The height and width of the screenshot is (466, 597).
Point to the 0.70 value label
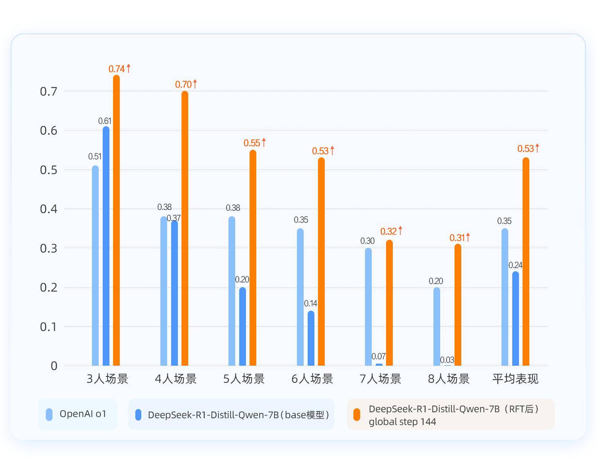click(183, 84)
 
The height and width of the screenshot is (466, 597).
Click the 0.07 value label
click(378, 356)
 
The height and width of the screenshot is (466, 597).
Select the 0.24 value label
click(515, 265)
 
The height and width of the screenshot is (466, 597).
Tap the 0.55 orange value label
click(252, 143)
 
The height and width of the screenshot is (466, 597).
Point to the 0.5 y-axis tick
click(49, 170)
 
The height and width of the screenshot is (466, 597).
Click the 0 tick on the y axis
click(54, 366)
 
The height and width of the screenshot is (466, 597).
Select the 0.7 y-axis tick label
click(49, 91)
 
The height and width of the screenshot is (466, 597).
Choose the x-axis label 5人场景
click(244, 378)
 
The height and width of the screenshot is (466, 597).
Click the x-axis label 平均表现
click(515, 378)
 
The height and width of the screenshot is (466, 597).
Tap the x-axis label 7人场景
click(380, 378)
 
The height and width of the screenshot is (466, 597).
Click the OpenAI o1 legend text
click(83, 414)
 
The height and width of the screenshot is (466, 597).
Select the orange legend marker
click(357, 415)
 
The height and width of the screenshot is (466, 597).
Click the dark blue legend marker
click(138, 415)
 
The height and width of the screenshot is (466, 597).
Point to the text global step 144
click(402, 422)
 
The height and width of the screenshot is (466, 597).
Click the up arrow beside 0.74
click(129, 68)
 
